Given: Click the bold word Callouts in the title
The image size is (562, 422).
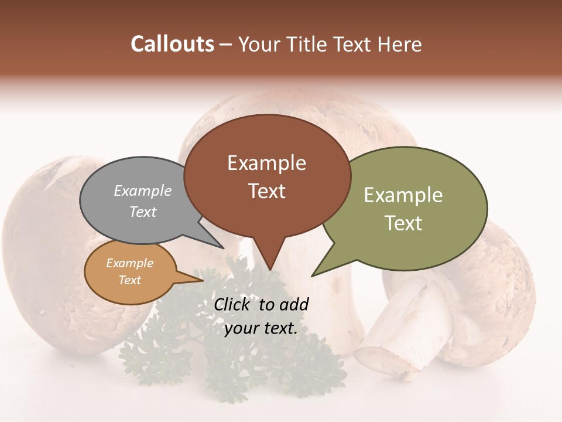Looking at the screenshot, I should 172,44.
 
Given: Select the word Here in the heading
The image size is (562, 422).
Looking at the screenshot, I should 400,44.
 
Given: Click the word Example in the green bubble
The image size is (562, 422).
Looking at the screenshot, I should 403,195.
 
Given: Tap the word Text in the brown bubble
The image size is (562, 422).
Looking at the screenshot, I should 267,191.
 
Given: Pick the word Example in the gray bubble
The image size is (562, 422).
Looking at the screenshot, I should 143,190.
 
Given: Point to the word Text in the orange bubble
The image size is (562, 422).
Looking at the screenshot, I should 129,280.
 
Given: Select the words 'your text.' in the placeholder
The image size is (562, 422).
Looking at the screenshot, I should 261,328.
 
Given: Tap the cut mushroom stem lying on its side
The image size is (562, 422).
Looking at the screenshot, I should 404,334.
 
